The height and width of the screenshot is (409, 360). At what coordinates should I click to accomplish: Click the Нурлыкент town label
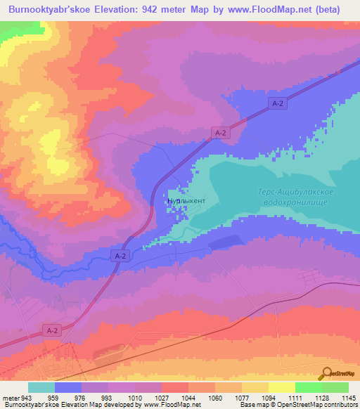(186, 201)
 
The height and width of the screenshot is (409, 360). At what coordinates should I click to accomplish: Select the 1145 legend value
(349, 397)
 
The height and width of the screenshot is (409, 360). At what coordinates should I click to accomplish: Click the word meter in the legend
(12, 397)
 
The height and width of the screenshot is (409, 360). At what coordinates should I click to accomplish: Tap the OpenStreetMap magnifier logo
(327, 374)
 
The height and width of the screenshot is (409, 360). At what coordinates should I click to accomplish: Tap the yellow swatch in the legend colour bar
(282, 387)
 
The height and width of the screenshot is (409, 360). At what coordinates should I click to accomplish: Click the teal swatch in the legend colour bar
(41, 387)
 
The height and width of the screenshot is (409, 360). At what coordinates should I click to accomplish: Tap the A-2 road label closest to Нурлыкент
(120, 258)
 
